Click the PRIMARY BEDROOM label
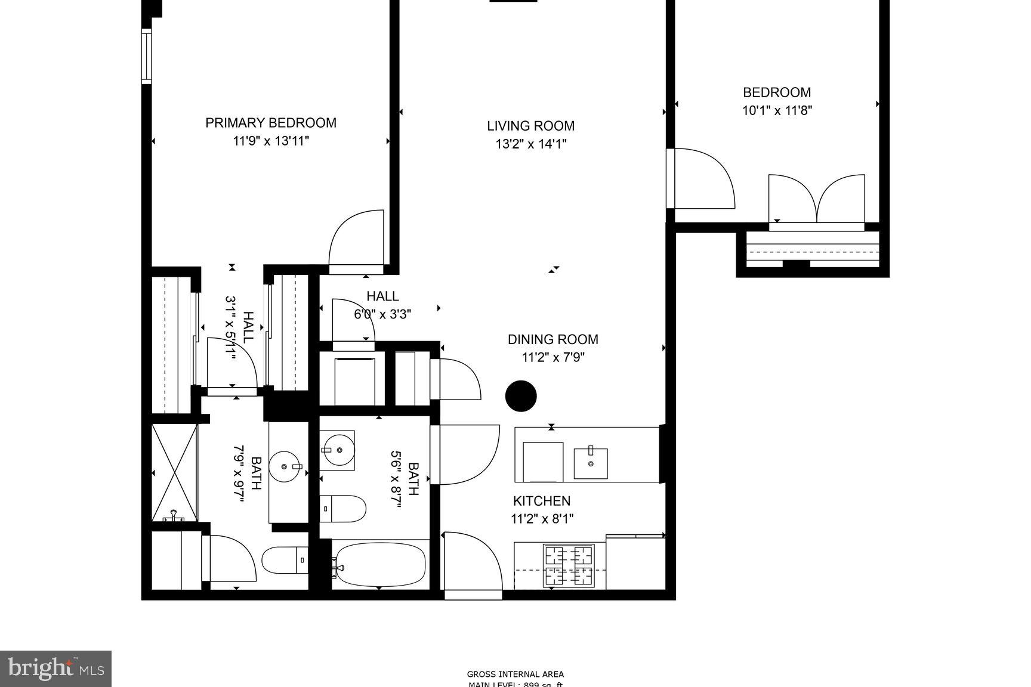(x=270, y=123)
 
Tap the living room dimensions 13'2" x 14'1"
(x=530, y=144)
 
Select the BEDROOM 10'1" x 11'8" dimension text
(x=776, y=110)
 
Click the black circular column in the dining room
(x=521, y=396)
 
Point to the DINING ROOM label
(x=552, y=339)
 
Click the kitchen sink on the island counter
(x=591, y=463)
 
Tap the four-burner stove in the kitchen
(x=568, y=565)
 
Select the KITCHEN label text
(x=542, y=501)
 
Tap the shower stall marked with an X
(x=174, y=472)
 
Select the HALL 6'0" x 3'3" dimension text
(x=382, y=314)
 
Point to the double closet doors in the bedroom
(x=816, y=200)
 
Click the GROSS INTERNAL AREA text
(x=515, y=674)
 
